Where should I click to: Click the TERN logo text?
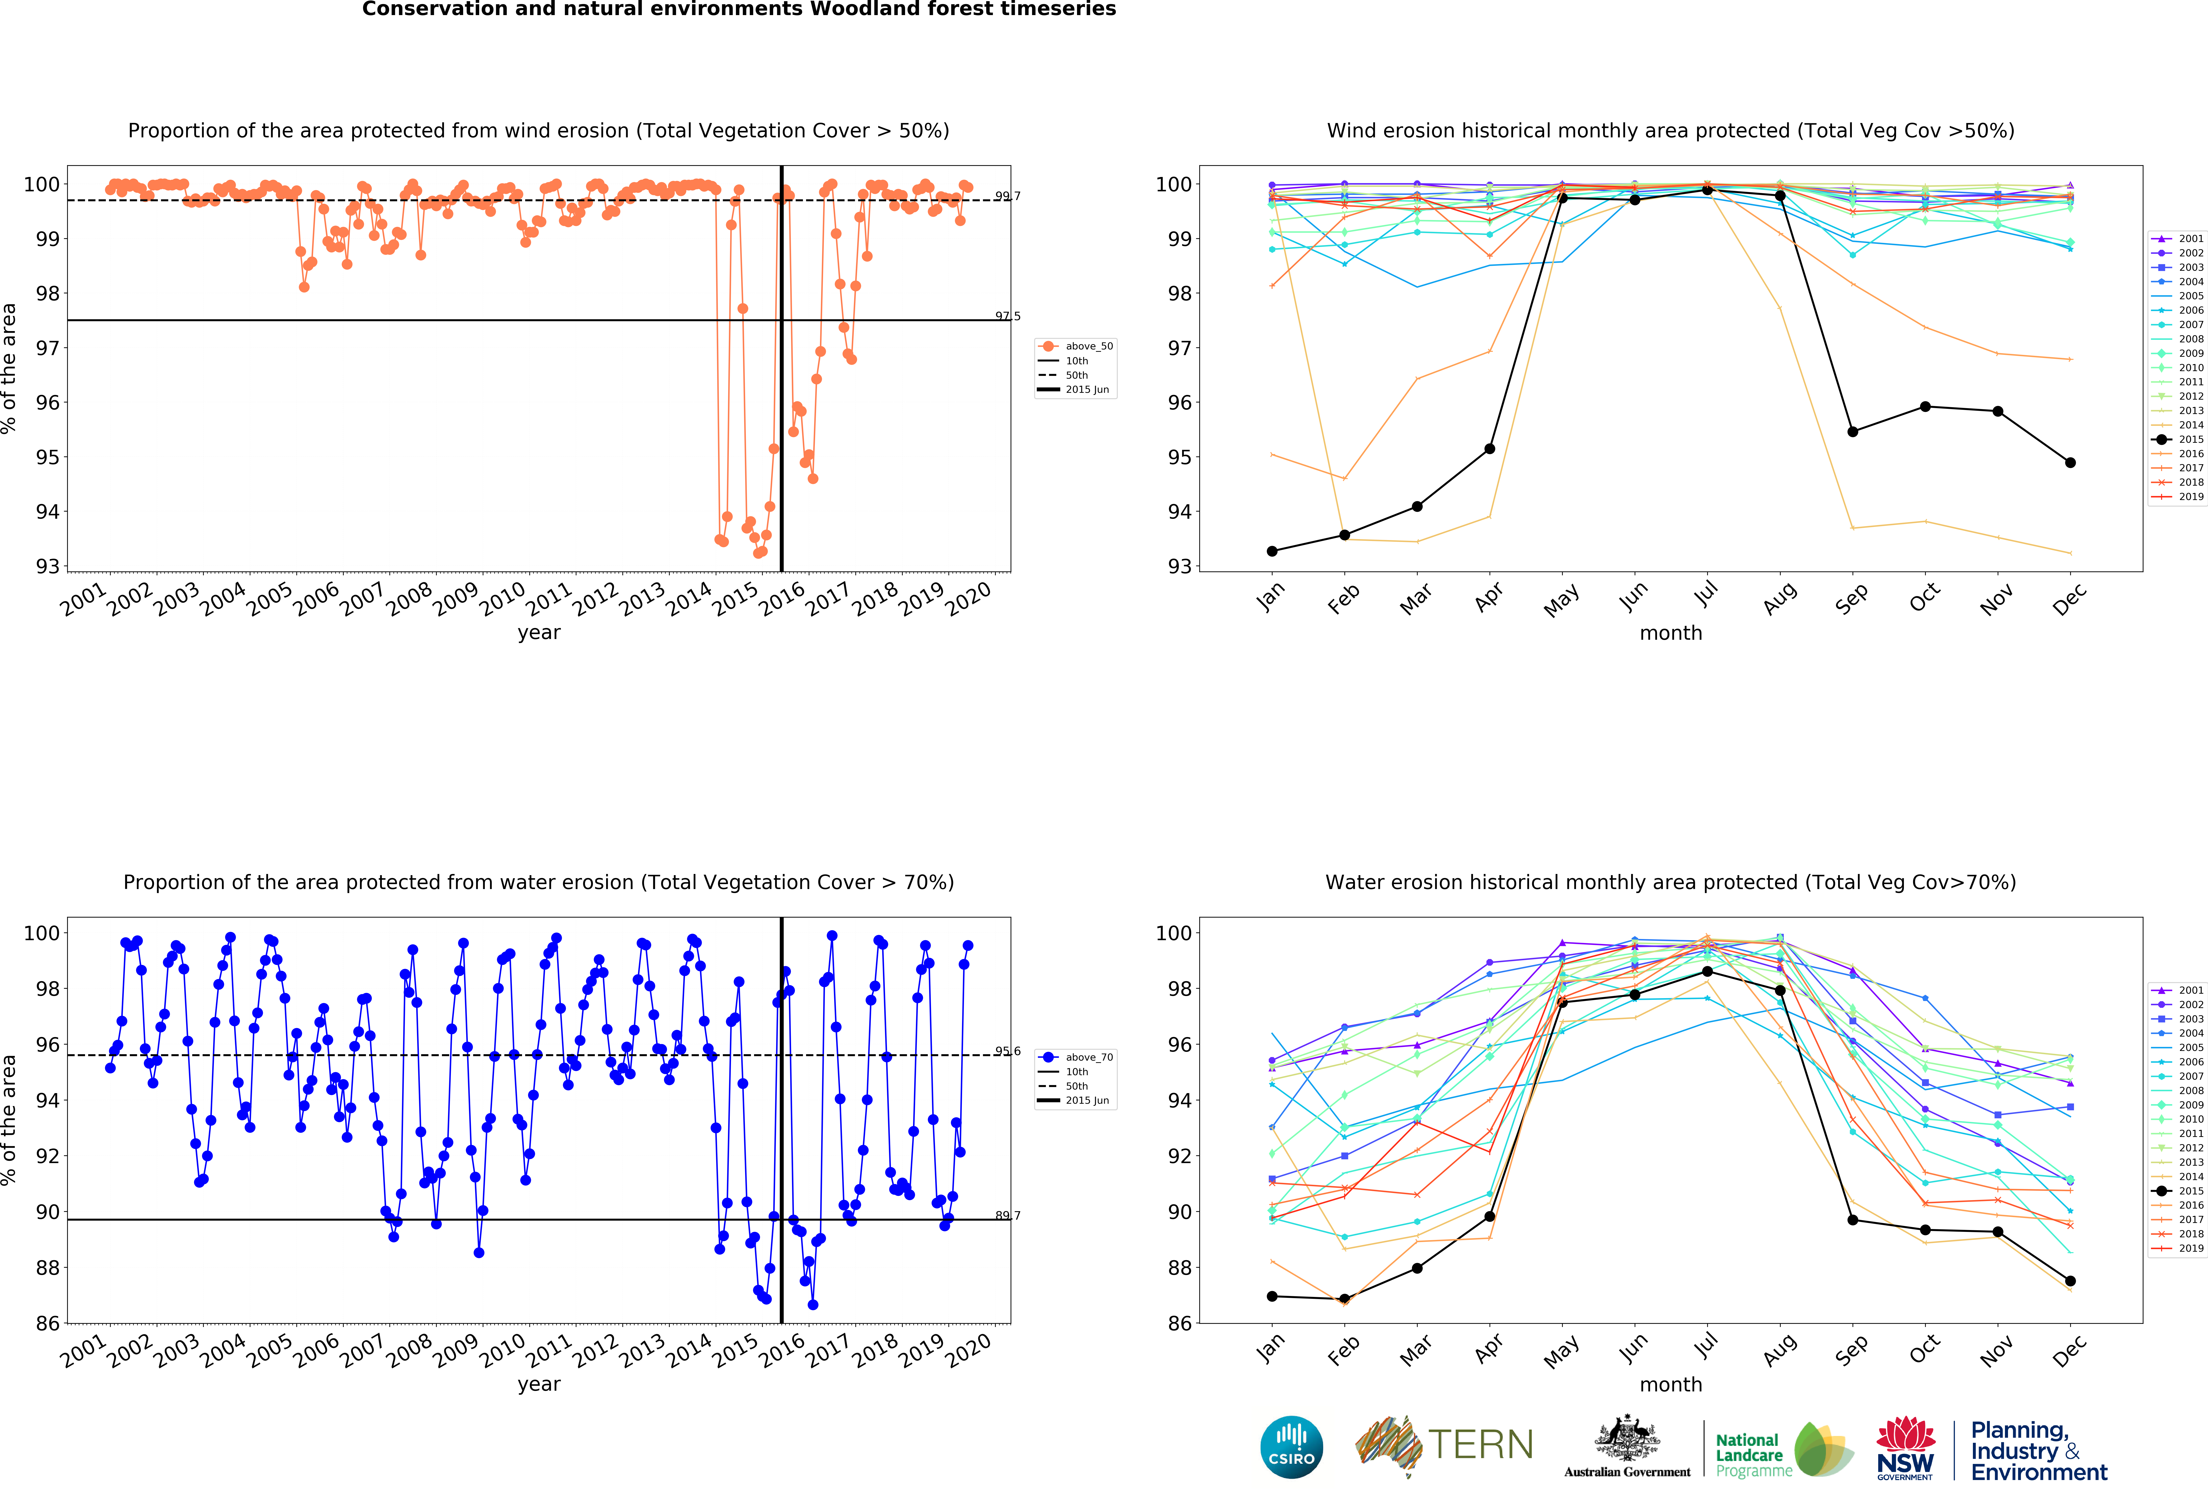pos(1480,1445)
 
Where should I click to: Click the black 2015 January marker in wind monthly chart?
pos(1272,551)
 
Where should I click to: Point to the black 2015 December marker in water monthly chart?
pos(2070,1281)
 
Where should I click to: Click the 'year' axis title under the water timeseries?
pos(539,1384)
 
